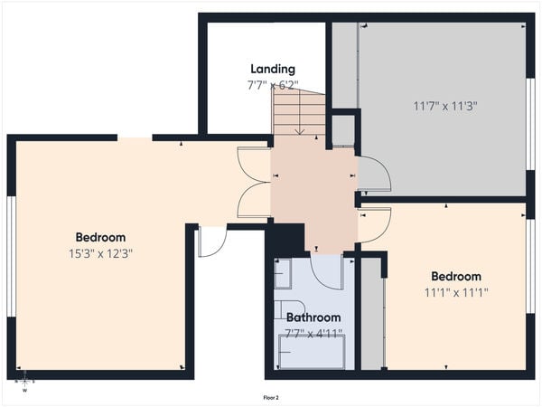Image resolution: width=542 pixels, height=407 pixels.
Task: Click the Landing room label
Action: pos(272,70)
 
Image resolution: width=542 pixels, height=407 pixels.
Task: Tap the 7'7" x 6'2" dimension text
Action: pos(272,85)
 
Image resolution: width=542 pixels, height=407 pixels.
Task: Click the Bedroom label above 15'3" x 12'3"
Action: pos(100,238)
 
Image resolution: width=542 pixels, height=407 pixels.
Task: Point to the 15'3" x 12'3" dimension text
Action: pos(100,254)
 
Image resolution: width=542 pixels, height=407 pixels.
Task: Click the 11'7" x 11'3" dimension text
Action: pos(444,106)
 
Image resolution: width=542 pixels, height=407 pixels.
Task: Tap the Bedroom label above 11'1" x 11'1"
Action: pos(456,277)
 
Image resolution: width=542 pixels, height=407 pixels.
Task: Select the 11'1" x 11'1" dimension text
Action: pos(456,293)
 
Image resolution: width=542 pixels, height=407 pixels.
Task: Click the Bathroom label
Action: pos(313,317)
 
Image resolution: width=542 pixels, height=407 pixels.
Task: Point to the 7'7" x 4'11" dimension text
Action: pos(313,333)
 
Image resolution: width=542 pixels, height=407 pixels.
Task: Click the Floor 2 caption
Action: pos(271,397)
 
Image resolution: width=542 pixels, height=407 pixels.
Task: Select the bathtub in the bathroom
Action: pos(311,353)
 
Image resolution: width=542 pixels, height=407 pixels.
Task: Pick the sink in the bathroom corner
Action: pos(283,272)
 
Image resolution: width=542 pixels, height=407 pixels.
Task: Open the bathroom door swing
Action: pos(326,270)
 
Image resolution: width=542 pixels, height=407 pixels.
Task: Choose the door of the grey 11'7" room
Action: pos(373,175)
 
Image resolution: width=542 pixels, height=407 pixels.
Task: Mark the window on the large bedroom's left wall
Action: pos(11,256)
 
